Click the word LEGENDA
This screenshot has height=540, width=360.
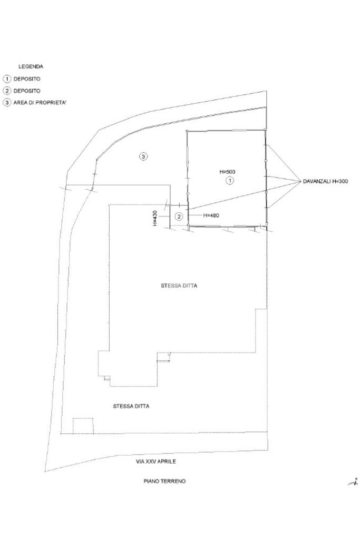[31, 67]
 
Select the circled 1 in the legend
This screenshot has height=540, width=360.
[7, 79]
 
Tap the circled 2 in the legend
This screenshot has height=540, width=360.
[7, 91]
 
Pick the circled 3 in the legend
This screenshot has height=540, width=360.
[7, 102]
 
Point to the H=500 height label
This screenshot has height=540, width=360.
[228, 172]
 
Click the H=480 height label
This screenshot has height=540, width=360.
[211, 215]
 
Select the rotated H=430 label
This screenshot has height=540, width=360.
[155, 218]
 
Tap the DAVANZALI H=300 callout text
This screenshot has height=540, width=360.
[325, 182]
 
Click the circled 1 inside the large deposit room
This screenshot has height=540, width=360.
[229, 181]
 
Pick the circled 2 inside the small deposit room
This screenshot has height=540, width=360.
[179, 216]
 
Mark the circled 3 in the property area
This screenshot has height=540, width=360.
[143, 156]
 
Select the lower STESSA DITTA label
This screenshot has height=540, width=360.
[131, 407]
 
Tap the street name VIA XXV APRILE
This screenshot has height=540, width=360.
[156, 462]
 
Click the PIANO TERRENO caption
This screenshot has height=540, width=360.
[164, 482]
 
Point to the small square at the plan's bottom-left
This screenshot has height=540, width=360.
[83, 426]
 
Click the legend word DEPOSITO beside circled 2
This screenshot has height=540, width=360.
[27, 91]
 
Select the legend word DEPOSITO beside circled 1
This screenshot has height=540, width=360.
[27, 79]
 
